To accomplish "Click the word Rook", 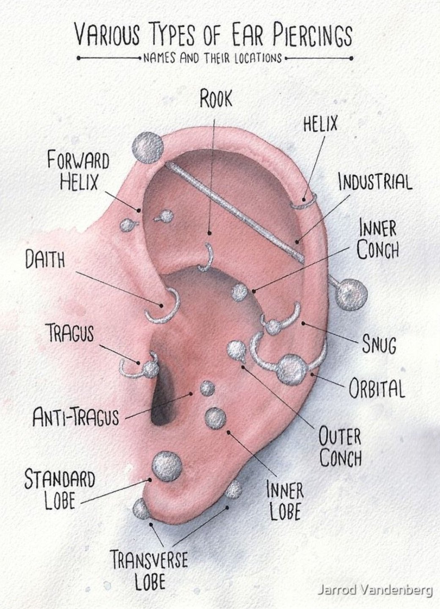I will pos(216,99).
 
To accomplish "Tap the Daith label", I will pos(45,260).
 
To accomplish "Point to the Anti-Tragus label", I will pos(76,416).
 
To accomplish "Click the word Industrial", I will pos(375,182).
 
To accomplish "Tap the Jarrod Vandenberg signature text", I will pos(375,590).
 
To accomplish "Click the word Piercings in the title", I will pos(311,35).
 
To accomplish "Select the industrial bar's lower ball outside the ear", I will pos(351,293).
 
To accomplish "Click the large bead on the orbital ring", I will pos(292,369).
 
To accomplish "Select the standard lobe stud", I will pos(167,466).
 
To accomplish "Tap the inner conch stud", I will pos(240,292).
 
